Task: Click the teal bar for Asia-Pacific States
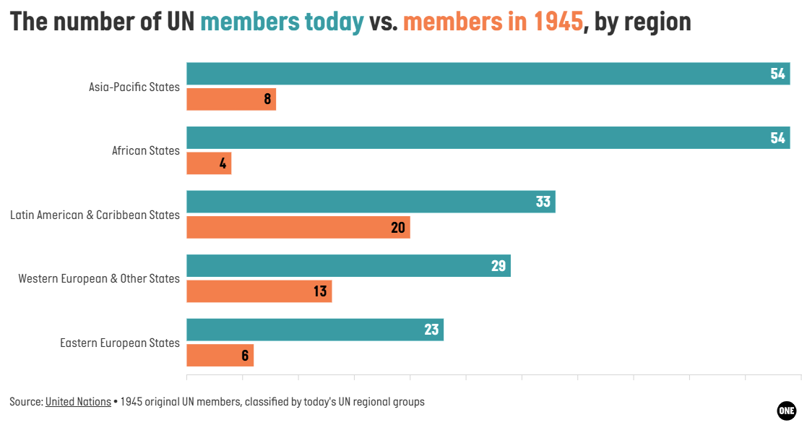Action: [488, 74]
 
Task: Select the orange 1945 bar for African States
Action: [209, 163]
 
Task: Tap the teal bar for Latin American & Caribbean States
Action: [371, 202]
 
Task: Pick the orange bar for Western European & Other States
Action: [259, 291]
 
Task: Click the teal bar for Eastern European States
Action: [315, 330]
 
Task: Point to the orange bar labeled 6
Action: [220, 355]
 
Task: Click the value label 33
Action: [543, 202]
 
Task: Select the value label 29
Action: [499, 266]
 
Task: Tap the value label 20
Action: [398, 228]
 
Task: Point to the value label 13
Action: [320, 291]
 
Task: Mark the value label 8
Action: [267, 99]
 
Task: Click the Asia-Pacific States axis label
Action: [134, 87]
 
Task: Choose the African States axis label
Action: [146, 151]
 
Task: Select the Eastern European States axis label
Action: [120, 343]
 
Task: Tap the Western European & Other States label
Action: [99, 278]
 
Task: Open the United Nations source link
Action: [78, 402]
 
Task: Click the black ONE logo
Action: [787, 411]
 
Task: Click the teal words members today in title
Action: [282, 22]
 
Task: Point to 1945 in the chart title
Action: [558, 22]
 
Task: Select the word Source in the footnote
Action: [26, 402]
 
